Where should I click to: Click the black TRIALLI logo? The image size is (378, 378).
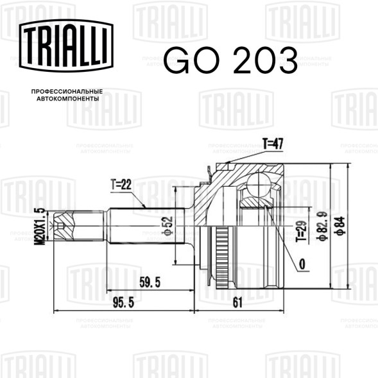point(66,46)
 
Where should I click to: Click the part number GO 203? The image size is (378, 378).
point(230,60)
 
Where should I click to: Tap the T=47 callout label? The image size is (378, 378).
point(273,144)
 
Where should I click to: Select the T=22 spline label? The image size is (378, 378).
point(121,184)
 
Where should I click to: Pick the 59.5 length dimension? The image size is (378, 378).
point(150,282)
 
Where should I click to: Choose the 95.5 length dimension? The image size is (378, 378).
point(123,302)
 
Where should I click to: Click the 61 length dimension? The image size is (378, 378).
point(237,302)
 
